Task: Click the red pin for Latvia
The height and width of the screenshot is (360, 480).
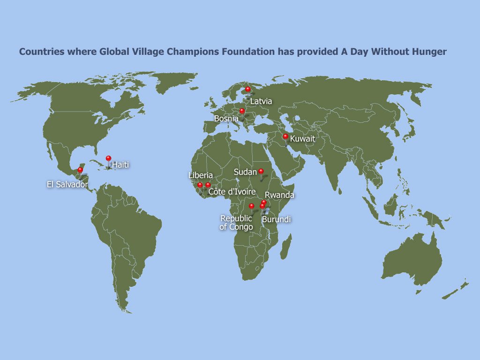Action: click(248, 89)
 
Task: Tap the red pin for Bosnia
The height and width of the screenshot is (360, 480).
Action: click(242, 111)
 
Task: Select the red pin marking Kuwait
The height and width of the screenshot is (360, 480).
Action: click(285, 136)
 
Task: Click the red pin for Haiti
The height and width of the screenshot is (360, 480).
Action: click(108, 158)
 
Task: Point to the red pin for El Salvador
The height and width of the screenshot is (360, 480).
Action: click(80, 170)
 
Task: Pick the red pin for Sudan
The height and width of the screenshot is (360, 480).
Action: click(261, 171)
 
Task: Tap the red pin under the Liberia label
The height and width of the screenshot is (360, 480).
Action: click(200, 185)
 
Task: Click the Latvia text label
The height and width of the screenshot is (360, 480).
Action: click(261, 101)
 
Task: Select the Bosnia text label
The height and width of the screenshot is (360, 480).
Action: click(226, 119)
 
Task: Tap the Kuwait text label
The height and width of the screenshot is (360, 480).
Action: click(302, 139)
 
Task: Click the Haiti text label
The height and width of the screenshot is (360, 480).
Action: click(120, 165)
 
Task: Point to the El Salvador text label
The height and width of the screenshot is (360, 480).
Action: click(67, 185)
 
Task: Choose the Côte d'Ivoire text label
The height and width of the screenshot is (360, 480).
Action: click(232, 192)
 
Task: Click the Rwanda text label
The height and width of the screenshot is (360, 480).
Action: click(279, 195)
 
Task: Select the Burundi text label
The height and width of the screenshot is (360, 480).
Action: click(276, 219)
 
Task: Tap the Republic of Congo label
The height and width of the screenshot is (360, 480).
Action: click(236, 223)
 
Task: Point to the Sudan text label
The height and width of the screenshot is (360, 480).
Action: click(245, 172)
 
